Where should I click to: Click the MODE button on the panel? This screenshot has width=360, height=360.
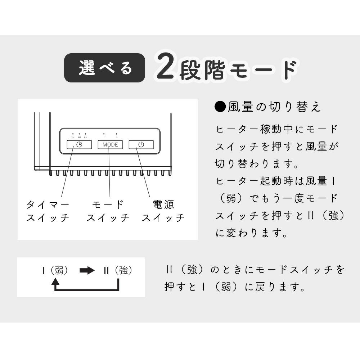[110, 145]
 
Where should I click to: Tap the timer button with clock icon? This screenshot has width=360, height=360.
[79, 145]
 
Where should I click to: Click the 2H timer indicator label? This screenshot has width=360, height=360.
[73, 138]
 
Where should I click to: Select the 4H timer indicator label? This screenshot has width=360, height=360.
[79, 138]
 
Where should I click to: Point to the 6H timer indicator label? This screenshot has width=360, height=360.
[86, 138]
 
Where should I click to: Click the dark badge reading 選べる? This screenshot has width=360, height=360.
[104, 68]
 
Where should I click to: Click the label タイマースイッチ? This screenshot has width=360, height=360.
[48, 211]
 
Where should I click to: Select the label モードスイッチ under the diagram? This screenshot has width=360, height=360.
[108, 211]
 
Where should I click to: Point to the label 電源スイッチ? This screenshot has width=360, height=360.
[163, 211]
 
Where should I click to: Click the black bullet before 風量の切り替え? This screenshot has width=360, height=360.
[220, 107]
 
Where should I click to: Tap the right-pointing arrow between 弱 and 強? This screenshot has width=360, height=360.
[87, 270]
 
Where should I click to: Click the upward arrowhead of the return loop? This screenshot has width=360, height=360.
[55, 281]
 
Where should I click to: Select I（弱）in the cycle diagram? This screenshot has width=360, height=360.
[55, 270]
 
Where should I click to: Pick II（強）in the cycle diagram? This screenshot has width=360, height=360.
[118, 270]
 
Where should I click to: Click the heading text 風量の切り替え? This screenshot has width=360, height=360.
[274, 107]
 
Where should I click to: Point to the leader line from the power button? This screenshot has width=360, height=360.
[143, 172]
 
